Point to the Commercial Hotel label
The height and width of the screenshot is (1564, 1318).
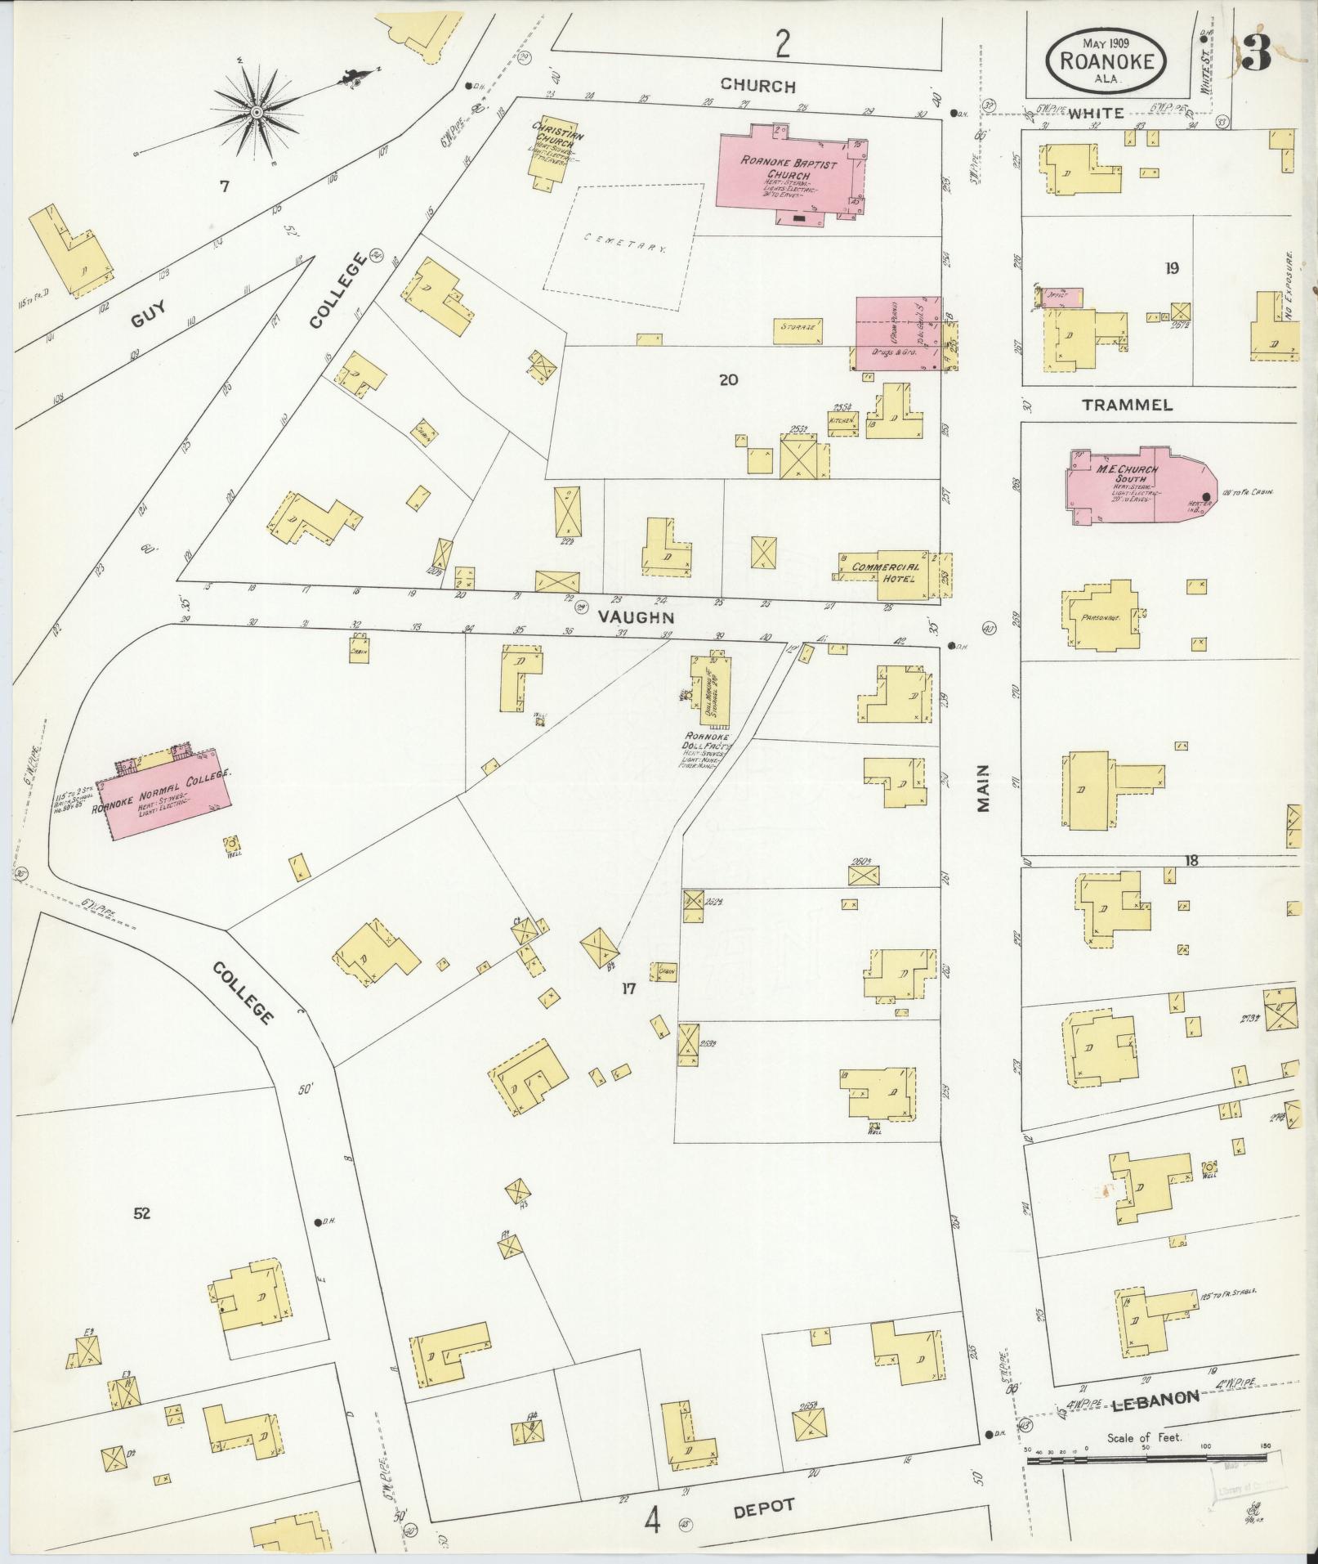point(885,571)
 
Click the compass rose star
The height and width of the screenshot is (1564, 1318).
point(257,111)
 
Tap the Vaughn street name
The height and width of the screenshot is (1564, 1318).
point(637,617)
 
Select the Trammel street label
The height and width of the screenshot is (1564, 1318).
point(1127,405)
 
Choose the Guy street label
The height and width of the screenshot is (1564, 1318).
point(148,312)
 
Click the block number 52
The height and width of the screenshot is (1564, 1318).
point(142,1213)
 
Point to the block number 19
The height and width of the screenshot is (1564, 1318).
point(1172,267)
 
